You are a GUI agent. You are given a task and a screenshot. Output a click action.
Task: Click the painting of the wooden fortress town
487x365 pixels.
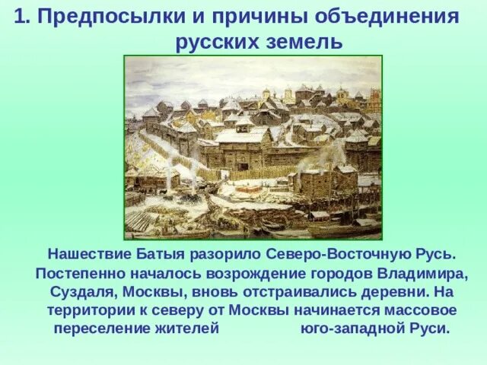[x=253, y=147]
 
